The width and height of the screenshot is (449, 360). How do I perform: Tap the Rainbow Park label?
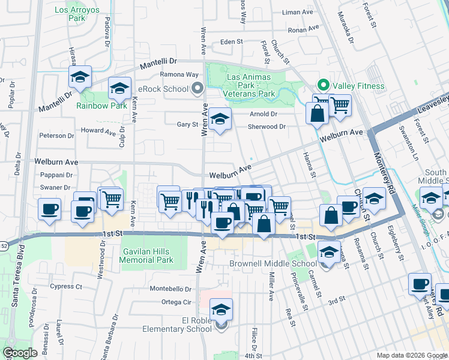pyautogui.click(x=101, y=106)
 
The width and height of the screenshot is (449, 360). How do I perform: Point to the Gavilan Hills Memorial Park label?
pyautogui.click(x=146, y=256)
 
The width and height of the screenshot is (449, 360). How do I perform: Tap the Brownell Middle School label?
pyautogui.click(x=273, y=263)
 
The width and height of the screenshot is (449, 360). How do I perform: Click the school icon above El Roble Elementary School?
pyautogui.click(x=221, y=310)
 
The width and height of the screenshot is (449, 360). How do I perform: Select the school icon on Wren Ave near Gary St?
pyautogui.click(x=220, y=119)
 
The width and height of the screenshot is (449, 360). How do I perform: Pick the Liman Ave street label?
pyautogui.click(x=298, y=12)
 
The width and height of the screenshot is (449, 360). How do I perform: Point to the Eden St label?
pyautogui.click(x=231, y=42)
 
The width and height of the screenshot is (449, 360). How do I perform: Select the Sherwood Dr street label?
pyautogui.click(x=267, y=127)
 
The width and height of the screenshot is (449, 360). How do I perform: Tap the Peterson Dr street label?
pyautogui.click(x=56, y=136)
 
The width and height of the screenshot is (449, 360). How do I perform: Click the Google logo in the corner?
pyautogui.click(x=20, y=353)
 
